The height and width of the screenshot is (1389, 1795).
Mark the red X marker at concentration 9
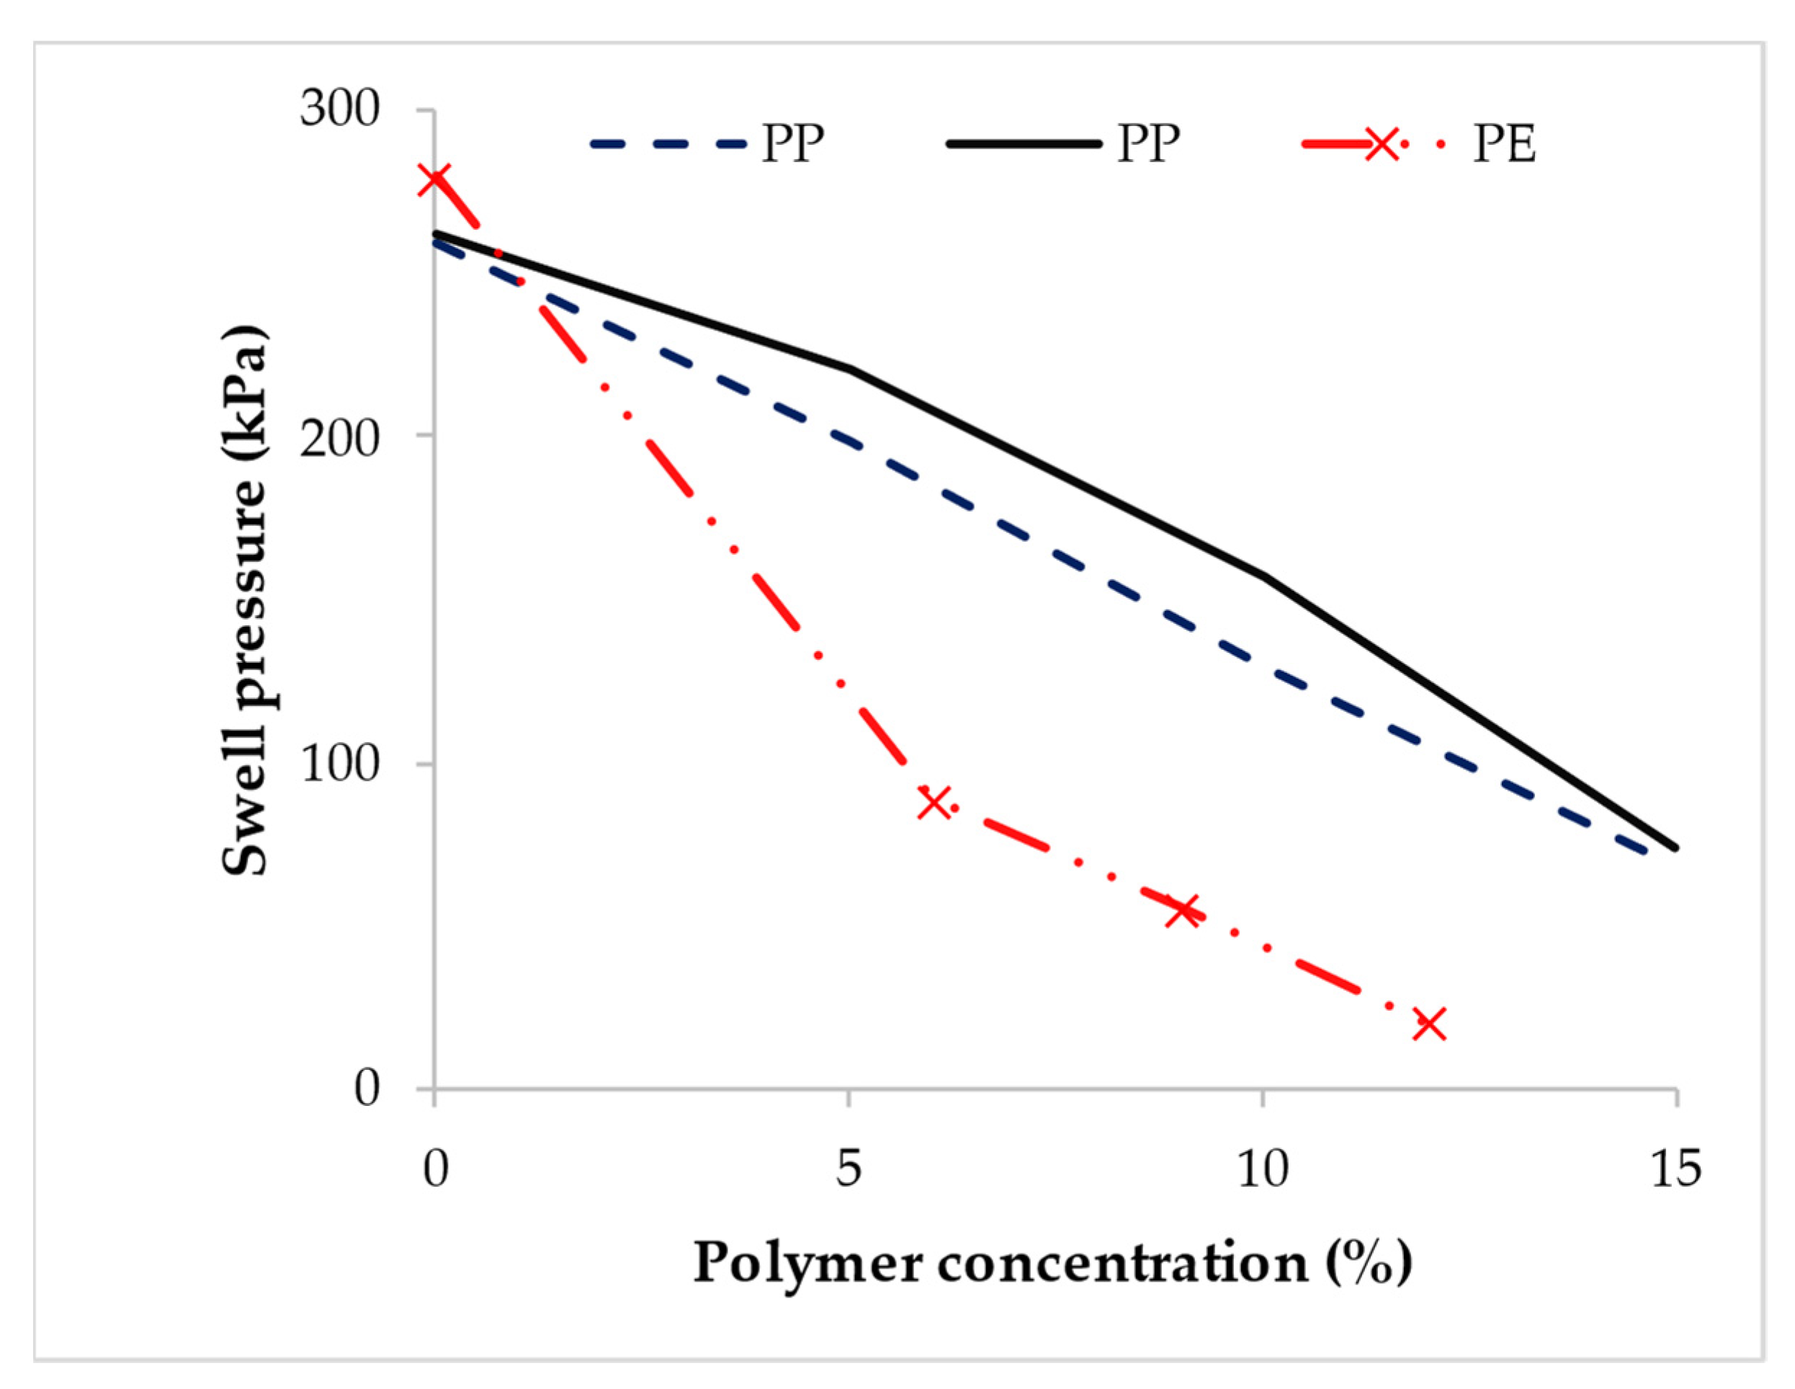pyautogui.click(x=1183, y=910)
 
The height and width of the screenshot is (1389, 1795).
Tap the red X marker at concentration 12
pyautogui.click(x=1429, y=1024)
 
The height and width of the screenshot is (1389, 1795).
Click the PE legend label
pyautogui.click(x=1504, y=145)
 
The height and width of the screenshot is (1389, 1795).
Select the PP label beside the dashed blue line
pyautogui.click(x=792, y=145)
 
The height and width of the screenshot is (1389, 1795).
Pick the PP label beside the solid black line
pyautogui.click(x=1148, y=145)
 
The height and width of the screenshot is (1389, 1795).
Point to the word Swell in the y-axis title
pyautogui.click(x=246, y=823)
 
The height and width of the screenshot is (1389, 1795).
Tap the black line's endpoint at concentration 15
pyautogui.click(x=1675, y=847)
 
